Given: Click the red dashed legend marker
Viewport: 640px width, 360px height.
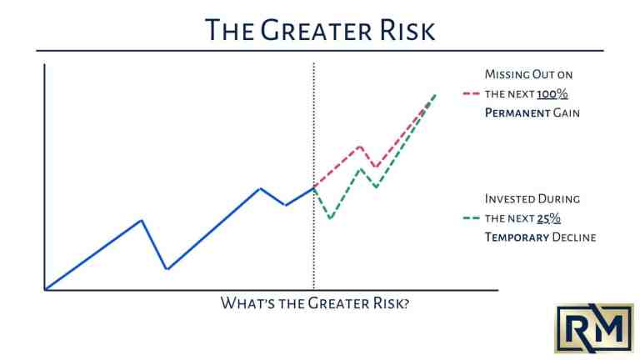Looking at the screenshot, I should click(x=471, y=93).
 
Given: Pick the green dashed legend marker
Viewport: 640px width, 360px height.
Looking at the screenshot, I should click(x=471, y=218).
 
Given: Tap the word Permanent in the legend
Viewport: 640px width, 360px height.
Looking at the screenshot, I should click(x=517, y=112).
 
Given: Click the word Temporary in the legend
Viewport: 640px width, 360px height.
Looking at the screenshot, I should click(x=517, y=237).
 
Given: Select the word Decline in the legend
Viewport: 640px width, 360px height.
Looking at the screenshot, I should click(x=574, y=237).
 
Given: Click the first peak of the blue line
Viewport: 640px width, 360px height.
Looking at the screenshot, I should click(x=142, y=220).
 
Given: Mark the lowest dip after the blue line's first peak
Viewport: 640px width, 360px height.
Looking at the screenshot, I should click(x=167, y=269).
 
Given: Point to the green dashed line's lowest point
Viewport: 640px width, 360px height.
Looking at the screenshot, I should click(x=331, y=219).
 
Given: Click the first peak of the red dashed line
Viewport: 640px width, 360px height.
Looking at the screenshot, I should click(x=359, y=147).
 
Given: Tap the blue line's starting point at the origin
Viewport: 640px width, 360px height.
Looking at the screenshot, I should click(x=44, y=290).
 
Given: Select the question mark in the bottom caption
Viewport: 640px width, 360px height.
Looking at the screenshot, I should click(x=405, y=303).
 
